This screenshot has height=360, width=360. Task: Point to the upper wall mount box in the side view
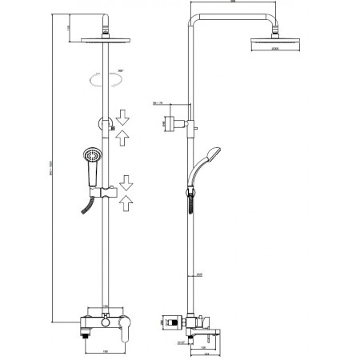(x=170, y=123)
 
